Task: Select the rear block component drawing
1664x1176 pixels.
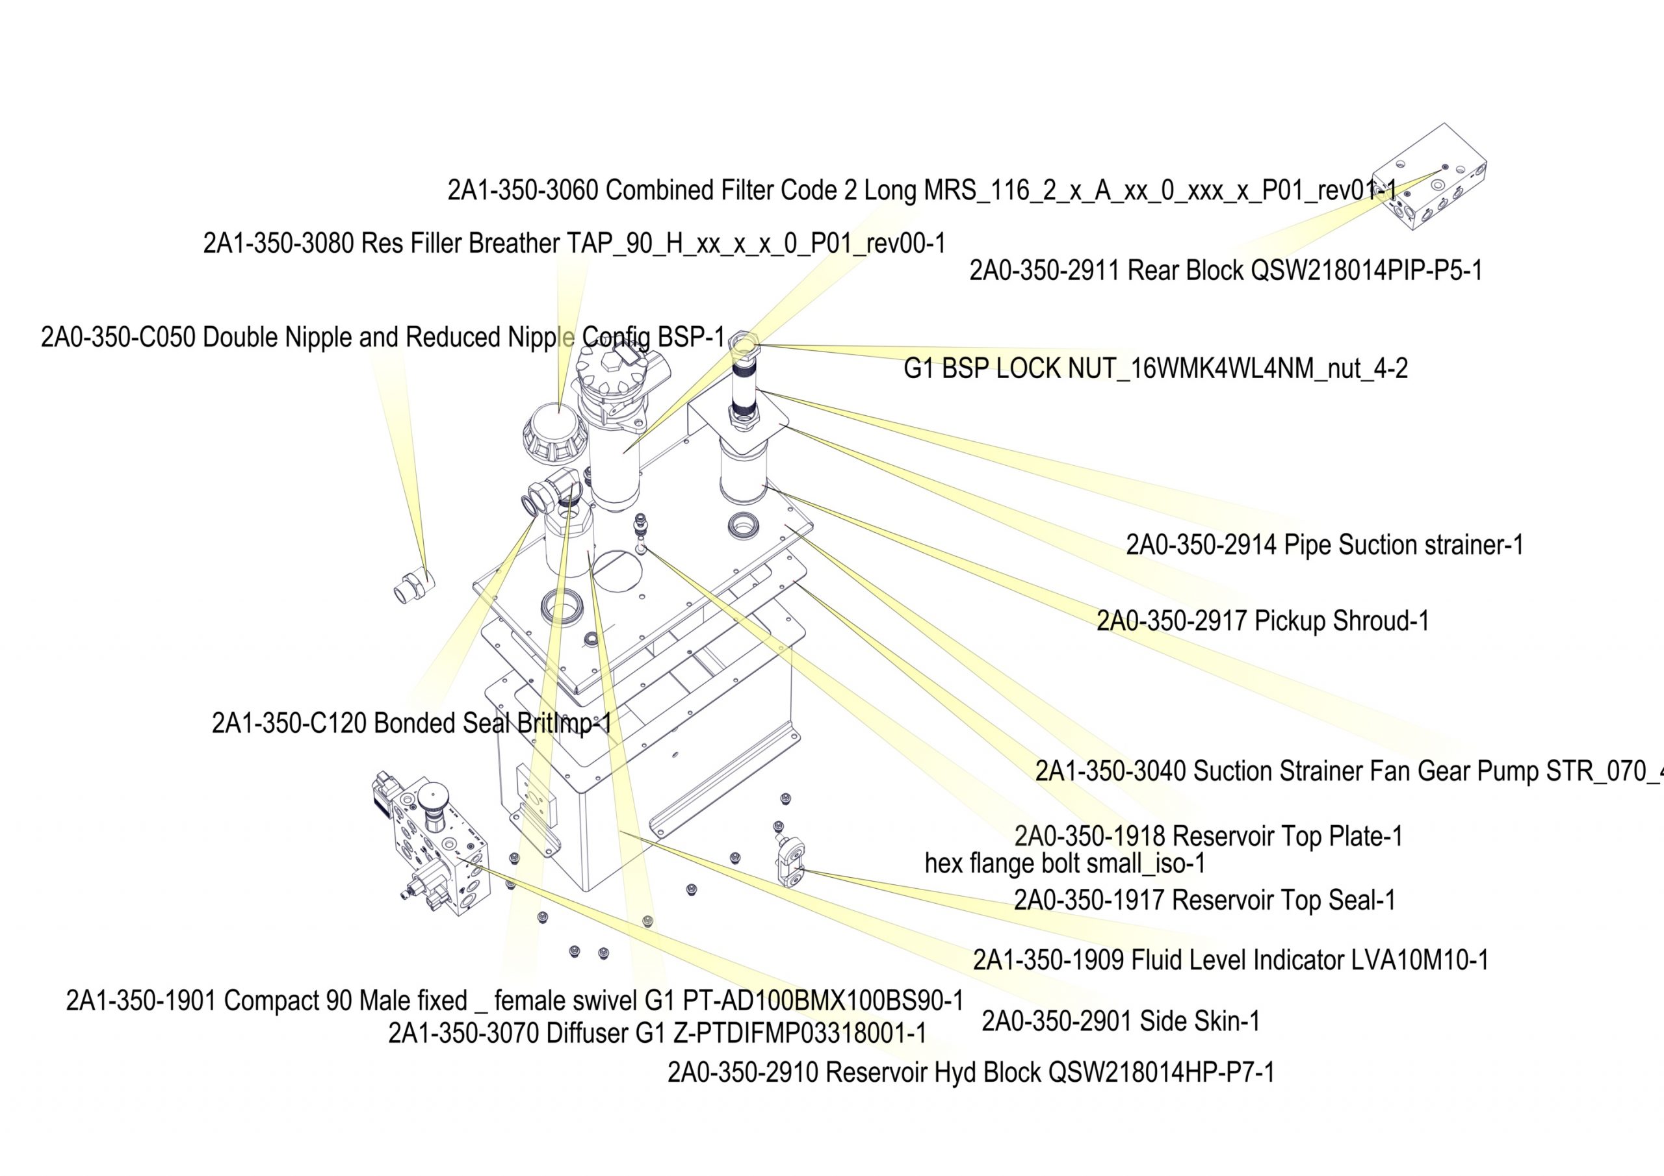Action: tap(1431, 177)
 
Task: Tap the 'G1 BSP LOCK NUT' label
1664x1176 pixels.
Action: tap(1155, 369)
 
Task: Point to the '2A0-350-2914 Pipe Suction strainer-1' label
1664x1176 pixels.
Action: tap(1324, 545)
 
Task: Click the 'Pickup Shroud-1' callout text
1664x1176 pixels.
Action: tap(1262, 621)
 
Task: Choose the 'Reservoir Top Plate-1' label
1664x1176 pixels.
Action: tap(1208, 836)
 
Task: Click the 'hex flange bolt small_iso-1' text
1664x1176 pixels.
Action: tap(1065, 863)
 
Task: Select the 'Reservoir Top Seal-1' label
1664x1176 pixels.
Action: tap(1204, 900)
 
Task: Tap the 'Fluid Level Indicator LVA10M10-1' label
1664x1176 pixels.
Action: tap(1230, 960)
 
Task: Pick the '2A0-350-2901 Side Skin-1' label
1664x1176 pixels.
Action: tap(1121, 1021)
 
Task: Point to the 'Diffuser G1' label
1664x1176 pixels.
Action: tap(656, 1033)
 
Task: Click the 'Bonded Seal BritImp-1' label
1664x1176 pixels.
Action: tap(411, 723)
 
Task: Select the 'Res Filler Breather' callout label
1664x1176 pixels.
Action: tap(574, 244)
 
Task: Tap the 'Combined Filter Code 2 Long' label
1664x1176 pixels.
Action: tap(921, 190)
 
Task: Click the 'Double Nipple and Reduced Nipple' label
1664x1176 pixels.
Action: tap(383, 338)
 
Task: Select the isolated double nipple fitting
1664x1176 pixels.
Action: tap(413, 585)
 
